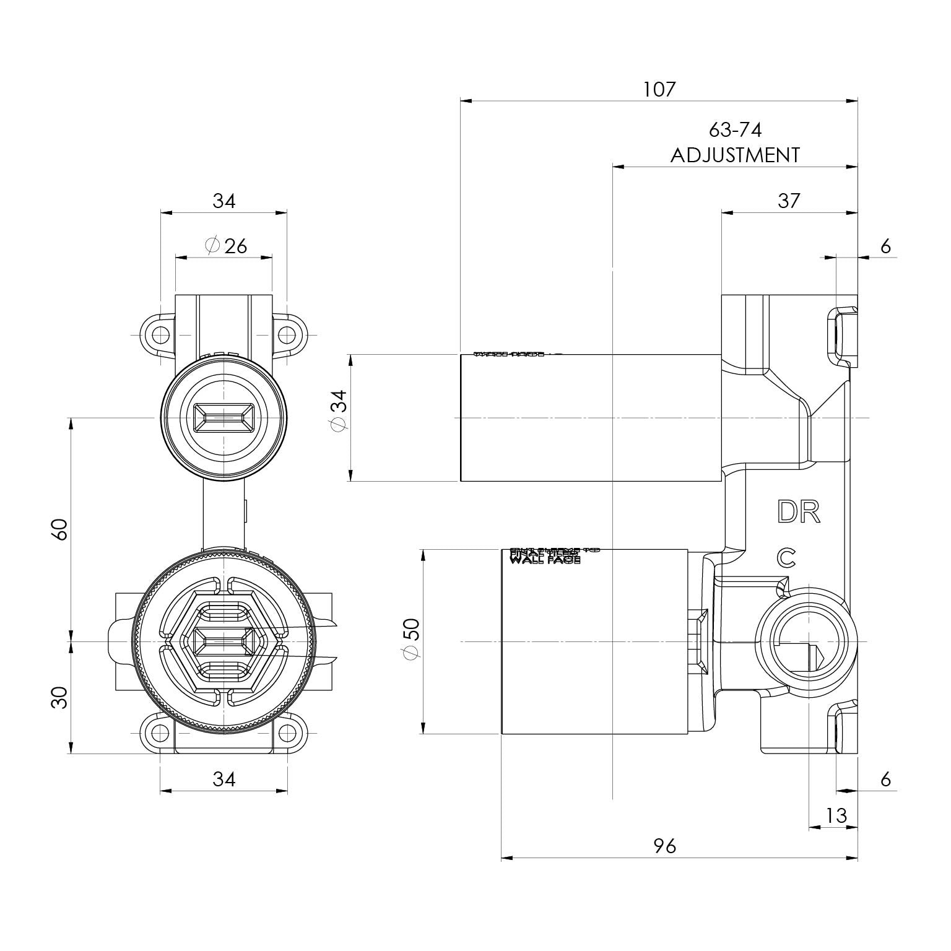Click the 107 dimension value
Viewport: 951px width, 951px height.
[x=659, y=89]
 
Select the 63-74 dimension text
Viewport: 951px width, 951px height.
[x=734, y=130]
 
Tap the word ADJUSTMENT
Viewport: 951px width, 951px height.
[x=734, y=155]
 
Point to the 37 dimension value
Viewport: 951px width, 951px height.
[x=788, y=201]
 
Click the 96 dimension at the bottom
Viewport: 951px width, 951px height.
[x=665, y=845]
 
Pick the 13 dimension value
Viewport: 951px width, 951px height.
[x=836, y=815]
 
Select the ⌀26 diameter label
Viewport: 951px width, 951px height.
[x=225, y=246]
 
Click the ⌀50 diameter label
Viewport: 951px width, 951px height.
[x=411, y=640]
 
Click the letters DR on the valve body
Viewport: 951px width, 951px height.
[x=799, y=512]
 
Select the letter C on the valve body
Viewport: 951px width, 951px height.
[x=786, y=558]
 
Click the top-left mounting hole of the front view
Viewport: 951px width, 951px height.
[x=160, y=335]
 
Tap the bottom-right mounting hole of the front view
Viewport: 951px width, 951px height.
[x=287, y=733]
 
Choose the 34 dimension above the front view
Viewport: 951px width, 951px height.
[x=224, y=201]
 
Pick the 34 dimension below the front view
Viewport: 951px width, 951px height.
[x=224, y=779]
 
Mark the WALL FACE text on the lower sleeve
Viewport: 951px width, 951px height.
[x=544, y=560]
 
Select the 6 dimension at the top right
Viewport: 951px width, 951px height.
[x=885, y=246]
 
